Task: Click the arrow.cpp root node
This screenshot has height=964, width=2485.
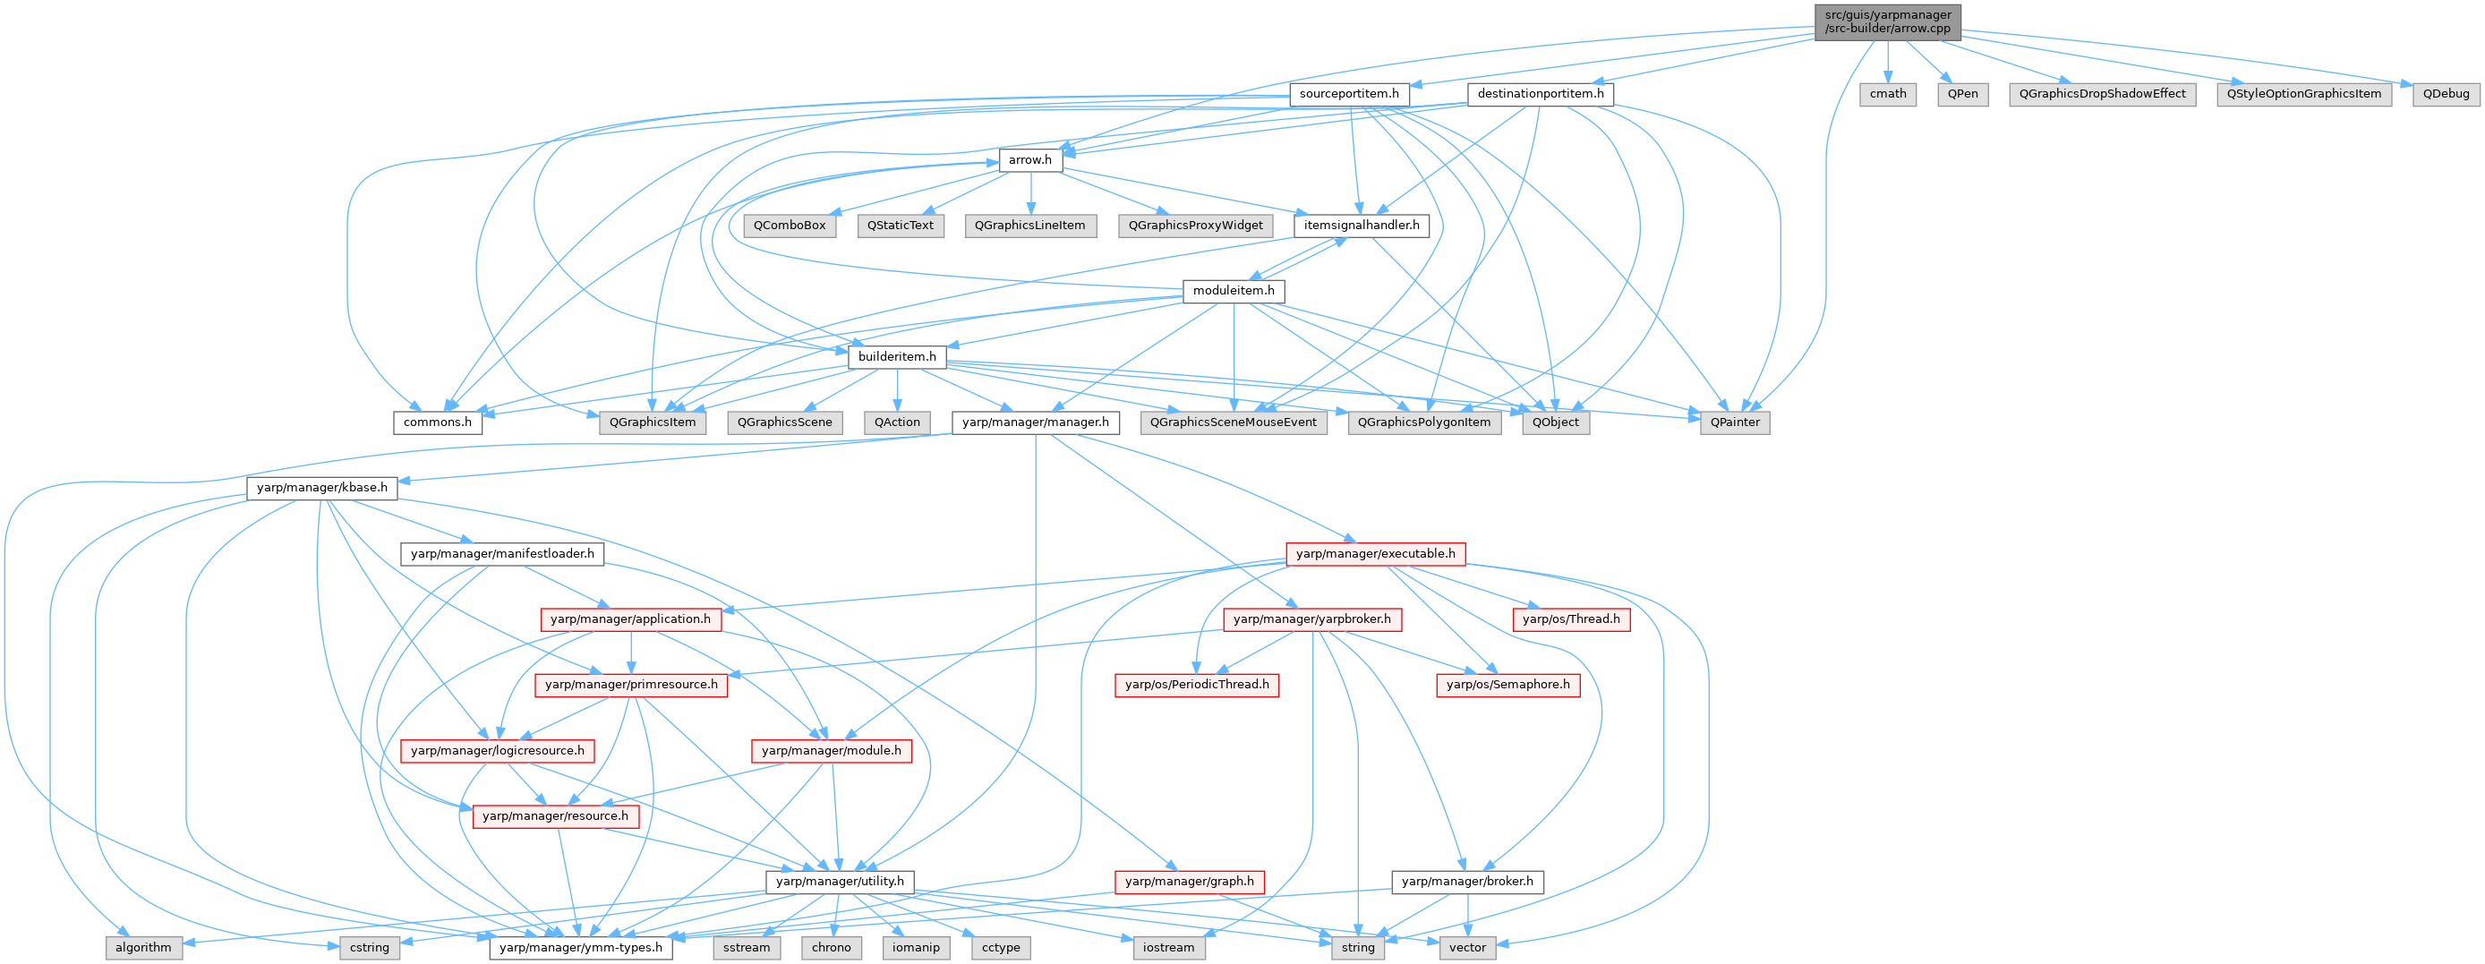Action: (1887, 21)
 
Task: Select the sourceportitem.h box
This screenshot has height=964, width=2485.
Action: (1349, 94)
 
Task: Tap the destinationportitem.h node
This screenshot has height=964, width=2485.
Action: (1540, 94)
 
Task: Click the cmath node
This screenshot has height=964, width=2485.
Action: (1887, 94)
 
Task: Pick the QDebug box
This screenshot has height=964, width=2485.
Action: (2446, 94)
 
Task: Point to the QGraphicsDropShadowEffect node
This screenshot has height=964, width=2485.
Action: (2102, 94)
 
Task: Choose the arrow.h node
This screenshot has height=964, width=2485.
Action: (1030, 159)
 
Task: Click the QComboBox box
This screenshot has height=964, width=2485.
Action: (790, 225)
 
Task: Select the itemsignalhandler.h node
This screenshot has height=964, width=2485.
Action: (1362, 225)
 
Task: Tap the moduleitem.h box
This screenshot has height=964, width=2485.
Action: (1233, 291)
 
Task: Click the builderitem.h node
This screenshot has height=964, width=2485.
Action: (897, 356)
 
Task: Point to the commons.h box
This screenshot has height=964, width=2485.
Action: (437, 422)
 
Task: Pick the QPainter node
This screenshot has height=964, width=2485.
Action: (1735, 422)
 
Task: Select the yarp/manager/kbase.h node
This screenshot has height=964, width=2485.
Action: (321, 487)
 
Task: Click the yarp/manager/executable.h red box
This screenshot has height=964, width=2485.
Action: (1375, 553)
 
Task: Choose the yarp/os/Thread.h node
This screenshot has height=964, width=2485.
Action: (1570, 618)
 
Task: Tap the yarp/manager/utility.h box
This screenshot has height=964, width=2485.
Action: (840, 881)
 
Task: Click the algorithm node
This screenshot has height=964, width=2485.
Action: (142, 947)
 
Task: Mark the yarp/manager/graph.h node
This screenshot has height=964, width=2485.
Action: (1189, 881)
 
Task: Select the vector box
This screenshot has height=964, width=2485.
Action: (1466, 947)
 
